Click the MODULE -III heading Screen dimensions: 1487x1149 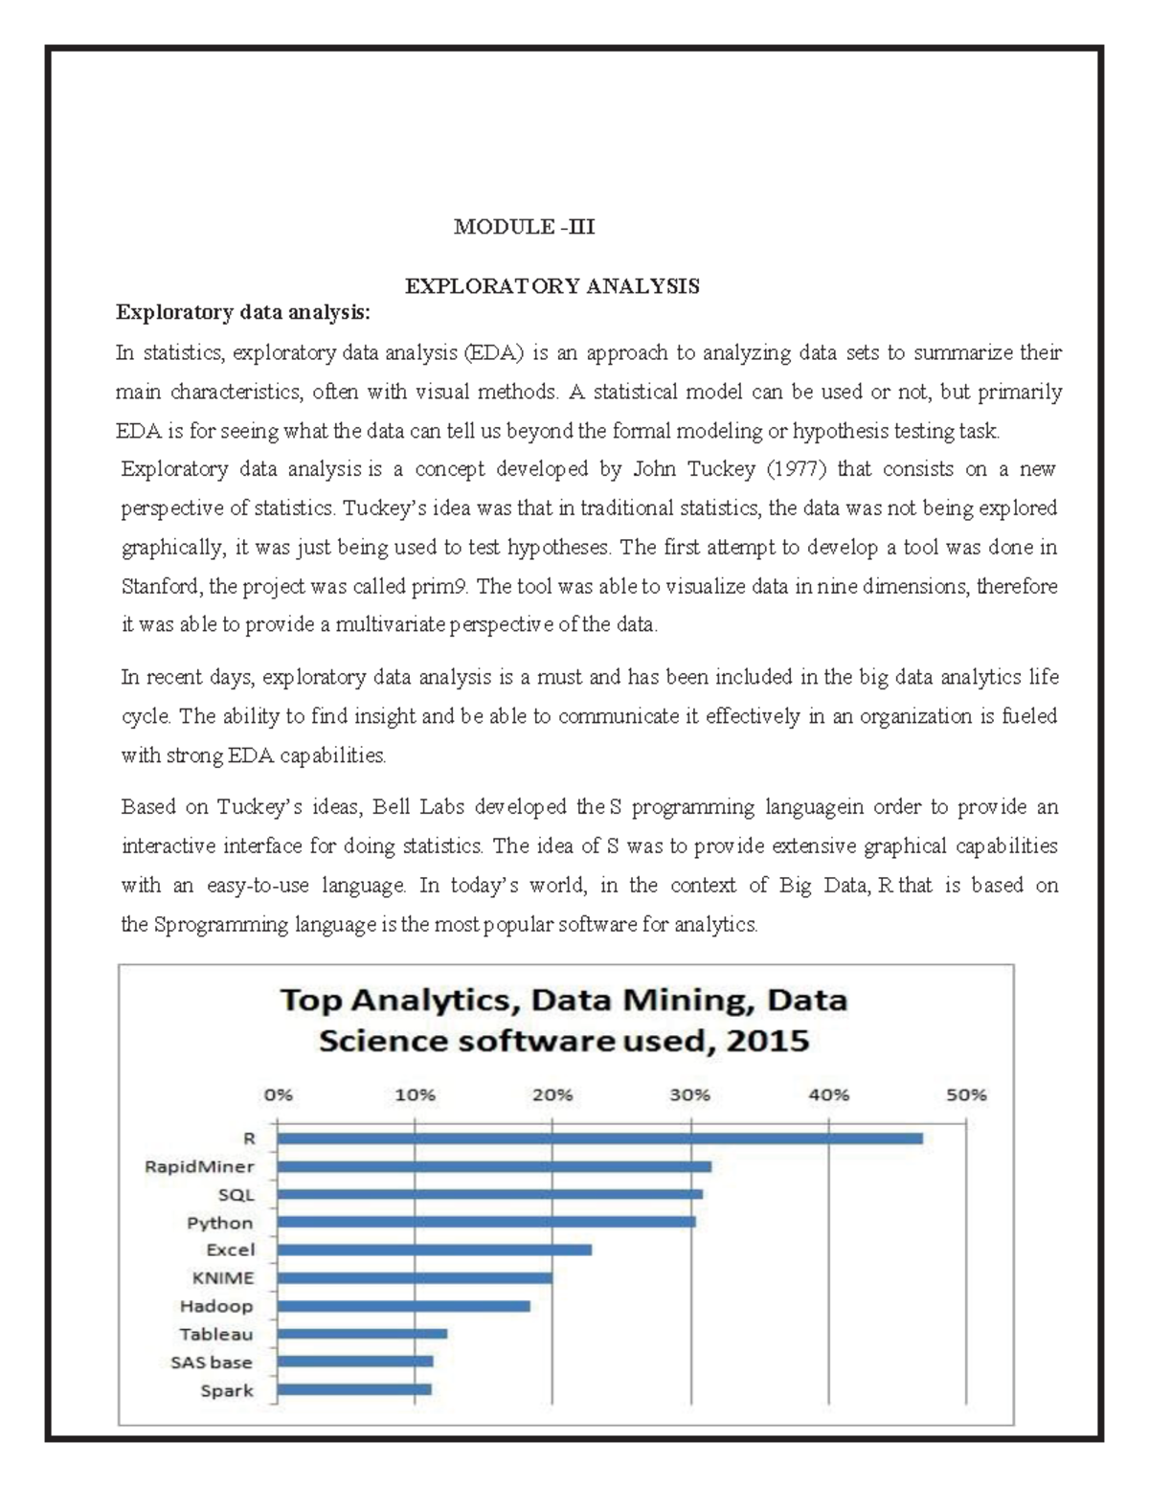524,227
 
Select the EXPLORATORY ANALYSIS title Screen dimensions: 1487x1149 552,286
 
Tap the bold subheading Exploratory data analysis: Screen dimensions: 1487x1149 242,312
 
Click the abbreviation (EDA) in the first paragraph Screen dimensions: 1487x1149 495,352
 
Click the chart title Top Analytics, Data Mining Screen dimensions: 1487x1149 563,1002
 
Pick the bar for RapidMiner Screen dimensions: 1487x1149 493,1166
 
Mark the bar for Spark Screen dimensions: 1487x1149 353,1389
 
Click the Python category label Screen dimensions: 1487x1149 220,1223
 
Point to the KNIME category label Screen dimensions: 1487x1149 223,1278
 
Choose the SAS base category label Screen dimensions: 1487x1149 212,1362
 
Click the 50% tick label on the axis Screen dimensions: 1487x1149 966,1096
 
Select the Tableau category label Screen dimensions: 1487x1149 217,1334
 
